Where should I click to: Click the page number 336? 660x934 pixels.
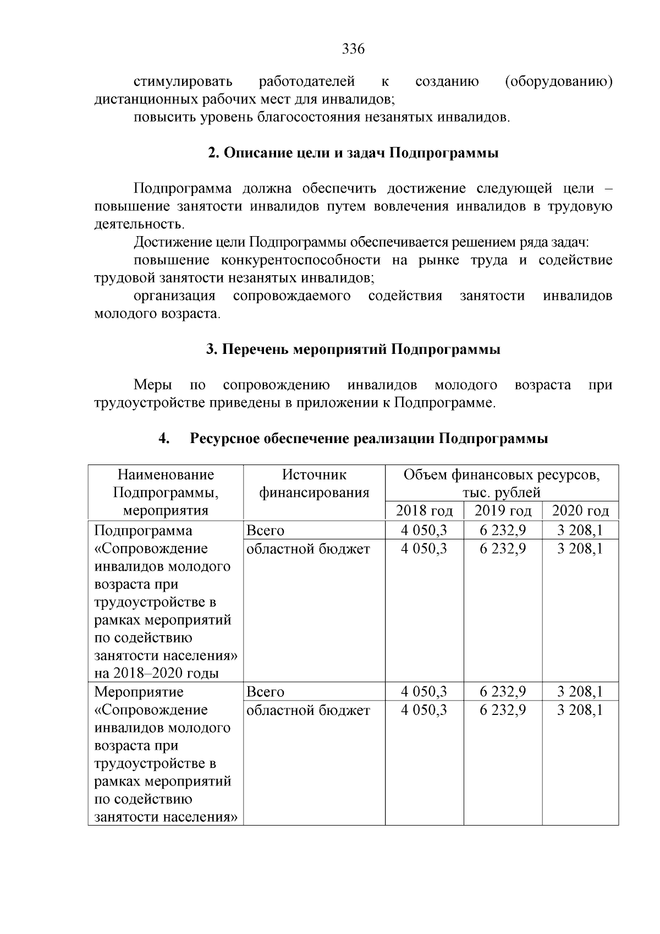[x=353, y=50]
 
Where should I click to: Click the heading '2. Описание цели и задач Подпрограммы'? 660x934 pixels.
[x=353, y=153]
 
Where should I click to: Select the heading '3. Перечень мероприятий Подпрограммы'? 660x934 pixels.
[x=353, y=349]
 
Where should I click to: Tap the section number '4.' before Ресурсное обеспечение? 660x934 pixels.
[x=164, y=439]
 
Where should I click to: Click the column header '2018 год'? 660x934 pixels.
[x=424, y=511]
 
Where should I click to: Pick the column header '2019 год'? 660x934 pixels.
[x=503, y=511]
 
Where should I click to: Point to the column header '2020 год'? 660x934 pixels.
[x=580, y=511]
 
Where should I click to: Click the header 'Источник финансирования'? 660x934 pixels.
[x=314, y=483]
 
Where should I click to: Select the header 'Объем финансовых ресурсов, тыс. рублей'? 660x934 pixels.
[x=502, y=483]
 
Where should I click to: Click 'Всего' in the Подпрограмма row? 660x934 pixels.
[x=266, y=531]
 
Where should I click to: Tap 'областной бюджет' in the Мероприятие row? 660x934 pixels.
[x=308, y=710]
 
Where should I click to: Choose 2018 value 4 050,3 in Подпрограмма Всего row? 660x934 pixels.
[x=424, y=531]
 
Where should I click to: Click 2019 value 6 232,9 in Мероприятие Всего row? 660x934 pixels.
[x=503, y=691]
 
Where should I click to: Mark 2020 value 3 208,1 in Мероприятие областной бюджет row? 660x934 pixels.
[x=580, y=710]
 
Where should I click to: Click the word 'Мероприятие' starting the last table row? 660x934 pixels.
[x=139, y=692]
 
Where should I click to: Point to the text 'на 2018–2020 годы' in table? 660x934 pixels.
[x=157, y=673]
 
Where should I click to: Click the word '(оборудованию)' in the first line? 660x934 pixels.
[x=558, y=82]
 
